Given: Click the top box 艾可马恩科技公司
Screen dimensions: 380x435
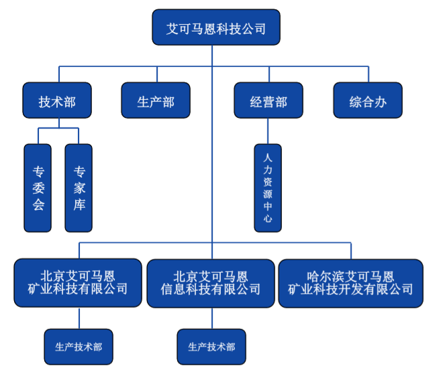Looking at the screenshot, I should click(216, 28).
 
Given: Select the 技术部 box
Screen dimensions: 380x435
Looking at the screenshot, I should click(57, 101).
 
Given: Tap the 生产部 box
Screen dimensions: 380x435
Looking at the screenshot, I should click(156, 101).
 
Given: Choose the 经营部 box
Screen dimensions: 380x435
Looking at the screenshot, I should click(269, 101).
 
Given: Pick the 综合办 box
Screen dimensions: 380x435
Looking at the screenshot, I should click(367, 101).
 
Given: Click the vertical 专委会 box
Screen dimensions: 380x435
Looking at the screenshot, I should click(38, 188).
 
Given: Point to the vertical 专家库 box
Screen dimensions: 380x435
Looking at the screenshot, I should click(79, 188).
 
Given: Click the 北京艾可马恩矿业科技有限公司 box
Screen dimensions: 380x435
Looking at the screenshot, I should click(78, 282).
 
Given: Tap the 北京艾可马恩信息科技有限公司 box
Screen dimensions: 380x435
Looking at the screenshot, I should click(211, 282).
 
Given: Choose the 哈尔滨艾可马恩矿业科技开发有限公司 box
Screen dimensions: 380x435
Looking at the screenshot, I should click(350, 282).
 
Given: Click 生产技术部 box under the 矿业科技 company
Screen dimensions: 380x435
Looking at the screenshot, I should click(79, 346).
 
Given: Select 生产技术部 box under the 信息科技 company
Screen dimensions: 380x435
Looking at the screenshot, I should click(211, 346).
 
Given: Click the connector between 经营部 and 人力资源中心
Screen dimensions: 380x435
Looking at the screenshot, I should click(268, 131).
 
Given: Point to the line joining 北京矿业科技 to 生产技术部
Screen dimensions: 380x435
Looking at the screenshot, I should click(79, 318).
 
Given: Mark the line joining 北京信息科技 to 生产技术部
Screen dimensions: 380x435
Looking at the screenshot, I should click(211, 318).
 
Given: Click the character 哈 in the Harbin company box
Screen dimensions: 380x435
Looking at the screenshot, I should click(311, 276).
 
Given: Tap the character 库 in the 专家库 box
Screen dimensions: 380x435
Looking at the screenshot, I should click(79, 204).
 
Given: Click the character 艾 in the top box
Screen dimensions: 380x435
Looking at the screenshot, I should click(173, 28).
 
